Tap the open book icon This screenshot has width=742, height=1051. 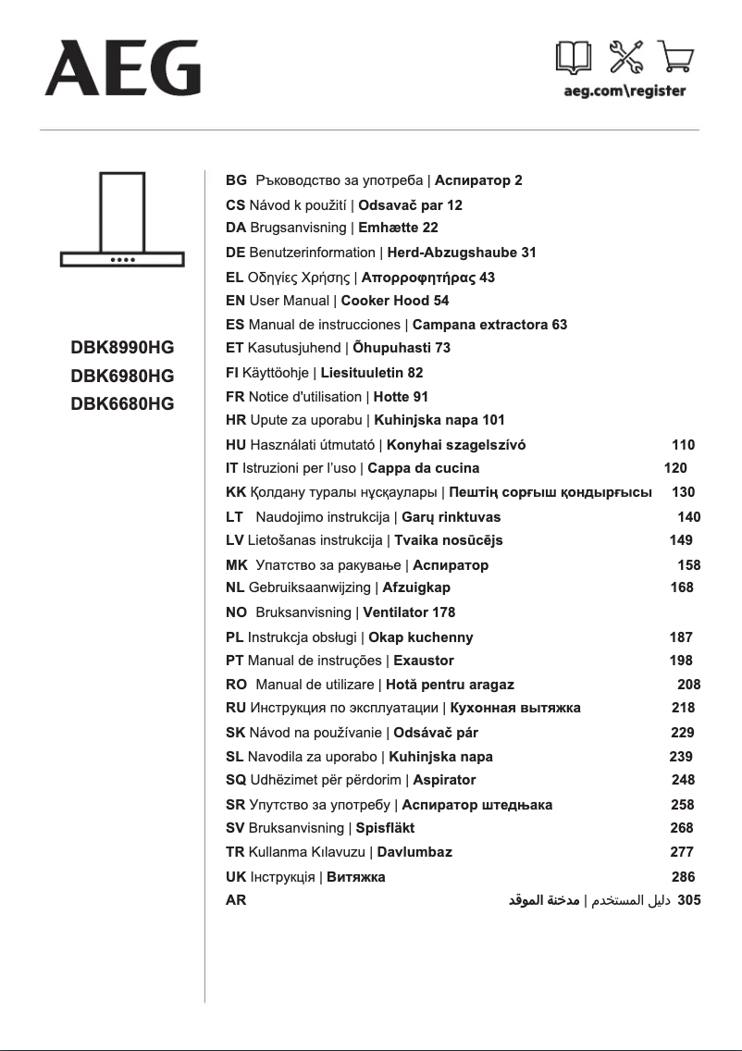tap(574, 59)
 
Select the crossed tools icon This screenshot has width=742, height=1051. tap(625, 59)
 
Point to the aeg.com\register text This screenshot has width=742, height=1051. tap(625, 92)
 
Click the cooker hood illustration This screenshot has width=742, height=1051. tap(123, 218)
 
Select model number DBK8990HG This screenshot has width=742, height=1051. tap(122, 348)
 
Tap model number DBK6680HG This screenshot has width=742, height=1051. tap(122, 403)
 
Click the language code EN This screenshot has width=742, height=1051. tap(235, 301)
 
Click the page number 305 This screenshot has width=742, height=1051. tap(689, 899)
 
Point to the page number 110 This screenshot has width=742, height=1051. tap(683, 445)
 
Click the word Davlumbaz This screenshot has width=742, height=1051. tap(414, 852)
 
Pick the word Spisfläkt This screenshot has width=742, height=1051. tap(385, 828)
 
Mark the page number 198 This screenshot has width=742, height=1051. tap(681, 661)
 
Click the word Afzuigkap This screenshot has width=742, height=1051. tap(416, 587)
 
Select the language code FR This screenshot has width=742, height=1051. tap(235, 397)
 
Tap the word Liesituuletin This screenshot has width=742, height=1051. tap(362, 373)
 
